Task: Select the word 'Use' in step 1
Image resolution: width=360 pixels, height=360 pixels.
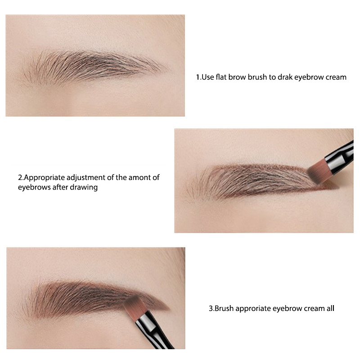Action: pyautogui.click(x=207, y=77)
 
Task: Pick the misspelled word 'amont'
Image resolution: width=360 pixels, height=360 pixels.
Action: pyautogui.click(x=139, y=178)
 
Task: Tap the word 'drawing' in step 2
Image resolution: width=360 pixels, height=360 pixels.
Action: pyautogui.click(x=85, y=187)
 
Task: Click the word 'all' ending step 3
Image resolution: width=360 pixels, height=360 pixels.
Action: pyautogui.click(x=330, y=309)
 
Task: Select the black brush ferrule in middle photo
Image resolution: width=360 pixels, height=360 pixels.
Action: pyautogui.click(x=340, y=155)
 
